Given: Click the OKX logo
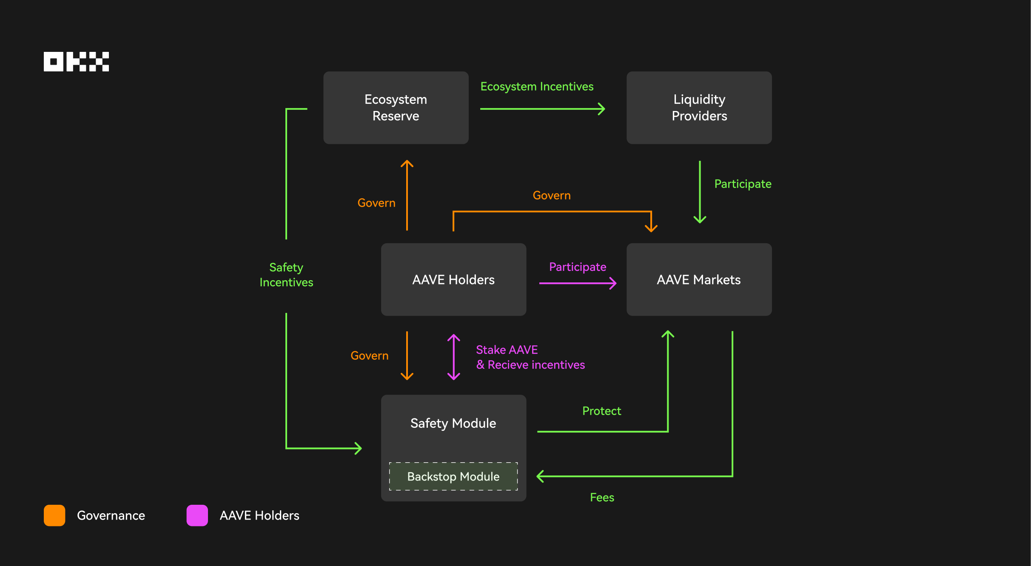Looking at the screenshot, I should point(76,62).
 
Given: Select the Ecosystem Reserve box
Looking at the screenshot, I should point(396,108).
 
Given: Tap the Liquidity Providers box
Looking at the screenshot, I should point(699,108).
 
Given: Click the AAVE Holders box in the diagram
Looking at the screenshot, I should point(453,279).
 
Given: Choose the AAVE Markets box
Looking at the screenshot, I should point(699,279).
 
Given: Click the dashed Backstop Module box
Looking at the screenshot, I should point(453,476).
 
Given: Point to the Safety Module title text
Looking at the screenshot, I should point(453,423).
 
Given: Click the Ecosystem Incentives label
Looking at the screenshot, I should point(537,86).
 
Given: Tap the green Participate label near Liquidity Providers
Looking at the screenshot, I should point(743,184).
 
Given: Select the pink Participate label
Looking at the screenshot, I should point(578,267).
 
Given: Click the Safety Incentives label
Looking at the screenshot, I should point(286,275).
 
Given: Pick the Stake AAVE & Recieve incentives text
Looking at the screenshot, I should point(530,357).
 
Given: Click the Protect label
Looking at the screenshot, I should point(601,411).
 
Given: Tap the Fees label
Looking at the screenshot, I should point(602,497).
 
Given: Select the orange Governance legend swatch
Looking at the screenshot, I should point(54,515).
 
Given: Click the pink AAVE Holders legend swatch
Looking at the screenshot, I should point(197,515).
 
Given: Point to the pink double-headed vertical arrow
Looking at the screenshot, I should point(454,357).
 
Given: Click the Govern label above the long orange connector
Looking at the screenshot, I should point(552,195).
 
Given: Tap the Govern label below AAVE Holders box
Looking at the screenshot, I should point(369,356).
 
